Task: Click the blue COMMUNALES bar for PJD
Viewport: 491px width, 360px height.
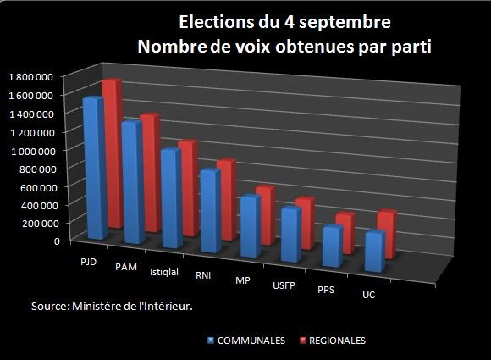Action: tap(93, 169)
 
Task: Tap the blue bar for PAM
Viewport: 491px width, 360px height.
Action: tap(132, 182)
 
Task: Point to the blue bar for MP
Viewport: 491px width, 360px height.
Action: tap(249, 227)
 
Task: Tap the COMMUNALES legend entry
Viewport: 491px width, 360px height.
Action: tap(245, 341)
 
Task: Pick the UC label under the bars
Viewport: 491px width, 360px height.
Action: tap(368, 296)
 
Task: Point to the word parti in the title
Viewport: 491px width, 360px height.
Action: tap(413, 47)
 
